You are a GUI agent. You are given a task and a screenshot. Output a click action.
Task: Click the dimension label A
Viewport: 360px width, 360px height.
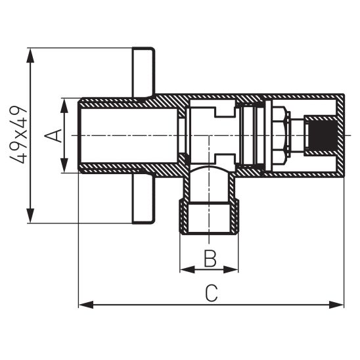[x=55, y=135]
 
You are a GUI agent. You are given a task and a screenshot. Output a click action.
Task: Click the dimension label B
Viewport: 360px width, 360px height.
[x=210, y=258]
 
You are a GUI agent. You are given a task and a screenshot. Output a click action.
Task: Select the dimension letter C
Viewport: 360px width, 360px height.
[x=210, y=294]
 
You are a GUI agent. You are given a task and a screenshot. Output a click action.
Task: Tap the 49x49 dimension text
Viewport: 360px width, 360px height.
[x=22, y=135]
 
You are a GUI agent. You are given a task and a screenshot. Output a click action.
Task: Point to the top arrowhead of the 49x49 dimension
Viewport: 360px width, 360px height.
[x=30, y=53]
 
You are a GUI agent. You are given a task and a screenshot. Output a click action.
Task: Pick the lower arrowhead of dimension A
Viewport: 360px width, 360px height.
[x=64, y=169]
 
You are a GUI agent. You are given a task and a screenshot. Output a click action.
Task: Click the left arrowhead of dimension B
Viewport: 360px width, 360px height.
[x=185, y=269]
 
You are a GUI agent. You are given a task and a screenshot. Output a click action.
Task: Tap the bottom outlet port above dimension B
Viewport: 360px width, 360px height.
[x=210, y=204]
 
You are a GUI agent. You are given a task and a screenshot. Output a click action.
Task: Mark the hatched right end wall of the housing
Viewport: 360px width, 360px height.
[x=340, y=135]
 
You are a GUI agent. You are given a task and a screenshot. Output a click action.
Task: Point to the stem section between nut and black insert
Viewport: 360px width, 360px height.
[x=299, y=135]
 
